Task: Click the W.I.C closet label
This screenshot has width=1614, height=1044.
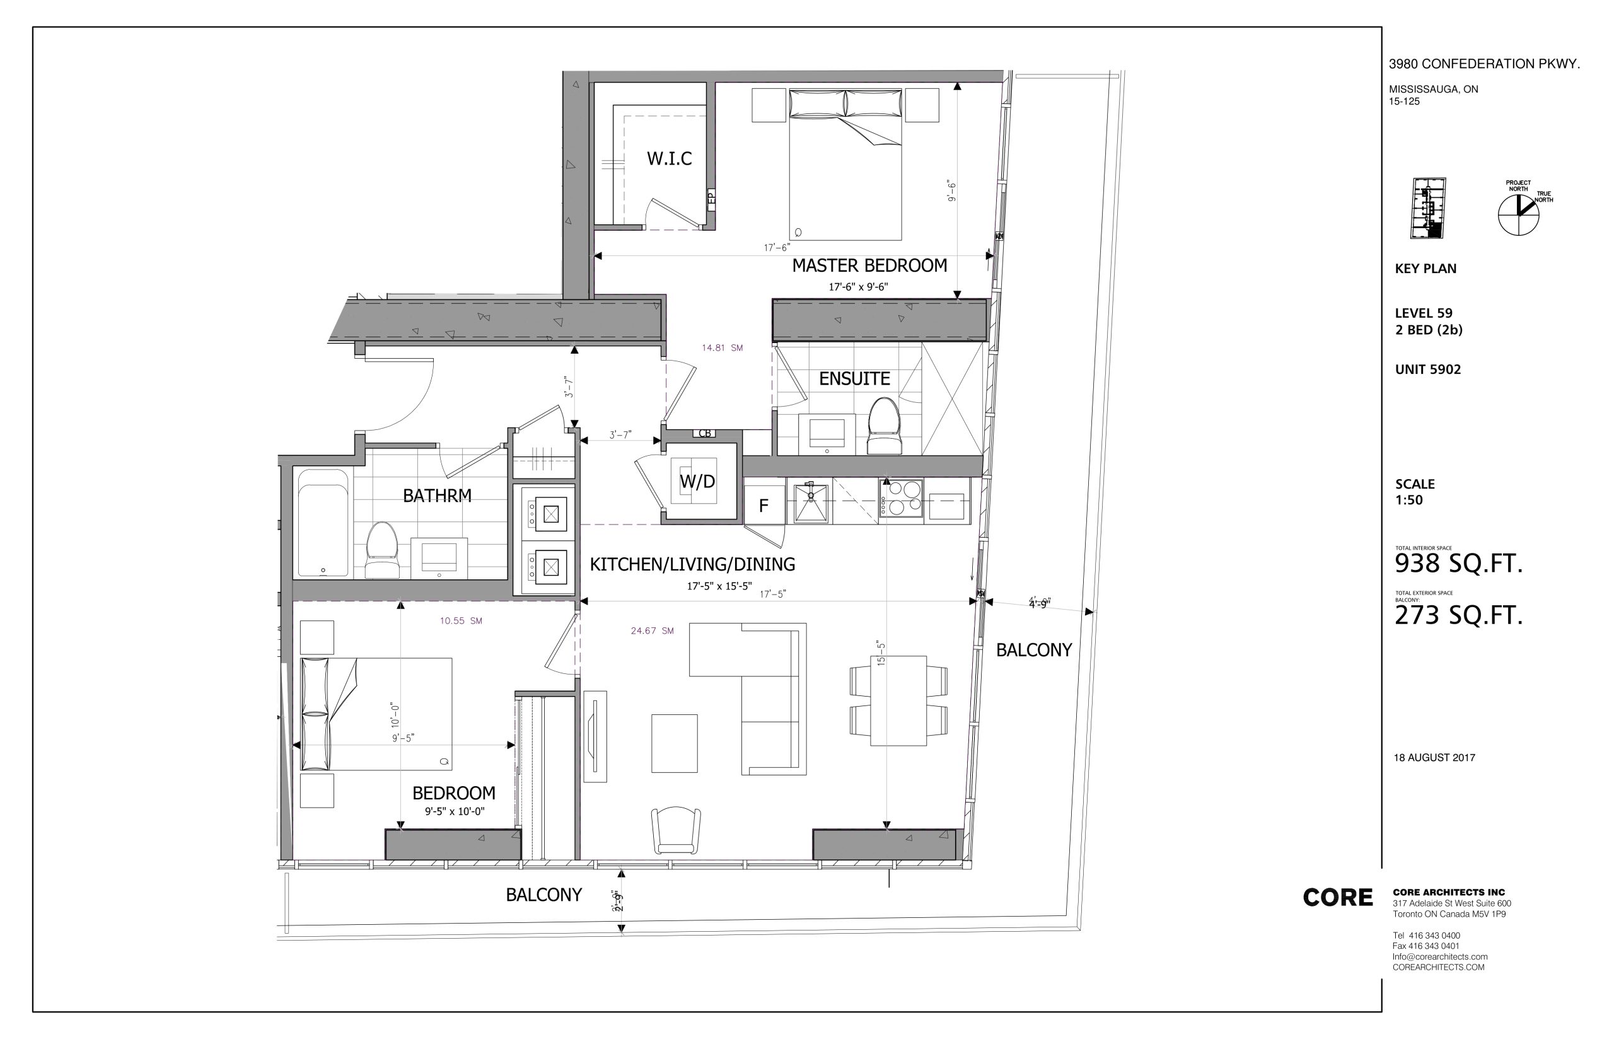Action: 668,159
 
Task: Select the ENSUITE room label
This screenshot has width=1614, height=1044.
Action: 854,378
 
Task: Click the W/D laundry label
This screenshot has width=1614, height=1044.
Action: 697,481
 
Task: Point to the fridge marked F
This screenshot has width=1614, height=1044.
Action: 764,505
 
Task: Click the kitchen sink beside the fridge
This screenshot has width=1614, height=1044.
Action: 811,502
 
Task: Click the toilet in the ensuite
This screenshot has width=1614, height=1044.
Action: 884,425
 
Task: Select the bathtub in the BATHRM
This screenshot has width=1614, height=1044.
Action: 323,523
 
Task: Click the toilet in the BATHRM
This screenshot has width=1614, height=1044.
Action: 381,550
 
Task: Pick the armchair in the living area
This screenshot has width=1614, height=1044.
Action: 676,830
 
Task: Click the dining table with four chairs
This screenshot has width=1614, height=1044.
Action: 898,700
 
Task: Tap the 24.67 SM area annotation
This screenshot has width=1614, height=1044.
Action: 652,630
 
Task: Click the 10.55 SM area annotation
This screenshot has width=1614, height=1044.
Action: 461,620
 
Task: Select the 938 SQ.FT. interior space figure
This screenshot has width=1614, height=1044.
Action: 1458,564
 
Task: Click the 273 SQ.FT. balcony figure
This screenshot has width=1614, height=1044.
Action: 1458,615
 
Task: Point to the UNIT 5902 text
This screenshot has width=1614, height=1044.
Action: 1427,369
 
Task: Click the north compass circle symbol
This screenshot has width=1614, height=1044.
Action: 1519,215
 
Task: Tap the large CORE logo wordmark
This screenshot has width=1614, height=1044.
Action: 1337,898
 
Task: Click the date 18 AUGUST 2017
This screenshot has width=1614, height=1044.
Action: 1434,757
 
